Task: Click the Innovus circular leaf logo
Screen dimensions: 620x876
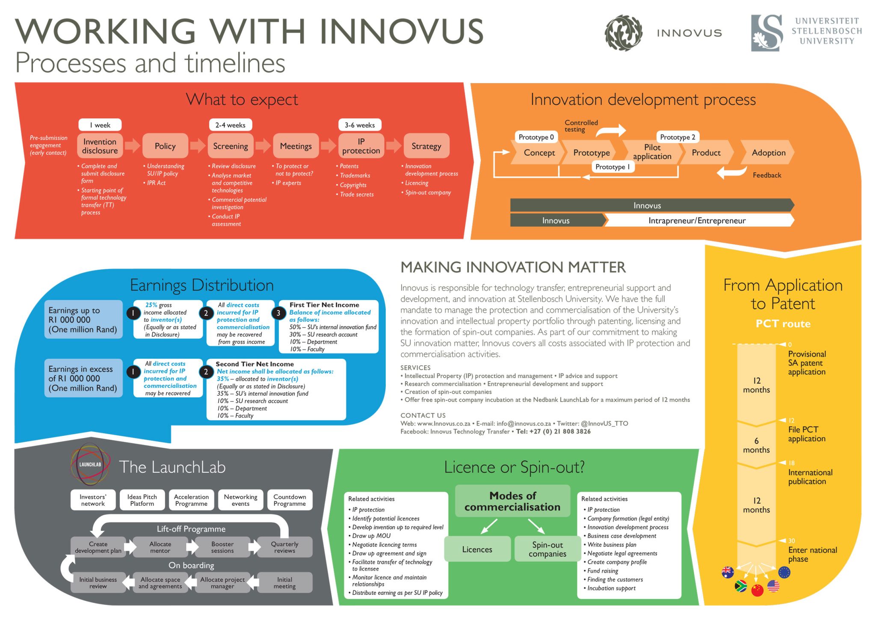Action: click(x=623, y=33)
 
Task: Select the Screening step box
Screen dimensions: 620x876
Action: click(x=230, y=146)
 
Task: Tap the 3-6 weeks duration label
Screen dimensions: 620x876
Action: click(x=359, y=125)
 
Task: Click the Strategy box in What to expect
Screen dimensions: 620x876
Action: click(x=426, y=146)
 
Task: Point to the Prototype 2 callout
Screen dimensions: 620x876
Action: click(x=677, y=137)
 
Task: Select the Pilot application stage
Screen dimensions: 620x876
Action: click(x=652, y=152)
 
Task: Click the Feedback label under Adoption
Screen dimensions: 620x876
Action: click(x=766, y=175)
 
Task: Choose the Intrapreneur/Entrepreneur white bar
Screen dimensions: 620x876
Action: click(x=697, y=221)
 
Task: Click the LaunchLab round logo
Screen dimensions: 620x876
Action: click(x=90, y=464)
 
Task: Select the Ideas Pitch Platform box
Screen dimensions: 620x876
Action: click(x=142, y=500)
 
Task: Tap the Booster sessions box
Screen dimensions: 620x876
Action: click(x=222, y=547)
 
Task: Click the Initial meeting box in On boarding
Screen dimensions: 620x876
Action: click(x=284, y=583)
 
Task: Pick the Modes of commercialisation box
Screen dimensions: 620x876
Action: click(x=512, y=501)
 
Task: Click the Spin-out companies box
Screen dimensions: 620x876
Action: click(x=547, y=549)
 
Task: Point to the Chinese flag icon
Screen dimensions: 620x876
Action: click(x=757, y=590)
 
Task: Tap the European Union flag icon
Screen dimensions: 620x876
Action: click(x=784, y=572)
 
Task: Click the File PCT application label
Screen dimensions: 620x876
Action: click(x=806, y=434)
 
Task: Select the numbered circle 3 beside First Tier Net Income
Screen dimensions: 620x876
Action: click(x=278, y=313)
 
